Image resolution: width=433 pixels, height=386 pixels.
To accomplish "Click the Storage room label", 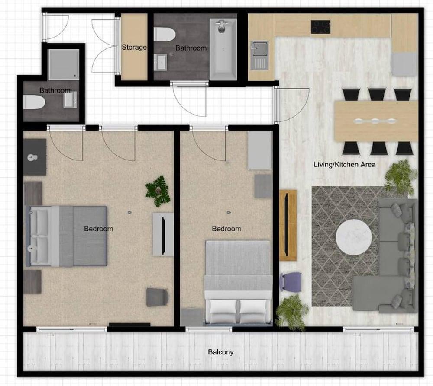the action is [134, 47].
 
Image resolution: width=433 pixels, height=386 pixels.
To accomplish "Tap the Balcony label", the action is [221, 352].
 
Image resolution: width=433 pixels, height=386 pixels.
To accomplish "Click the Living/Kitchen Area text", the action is [345, 165].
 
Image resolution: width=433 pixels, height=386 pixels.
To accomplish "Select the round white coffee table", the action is [354, 236].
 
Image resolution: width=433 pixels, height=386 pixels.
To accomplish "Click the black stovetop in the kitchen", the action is [320, 27].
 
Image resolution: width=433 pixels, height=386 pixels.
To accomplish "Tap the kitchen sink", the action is [259, 55].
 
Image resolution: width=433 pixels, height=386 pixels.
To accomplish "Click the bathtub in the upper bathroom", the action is [223, 49].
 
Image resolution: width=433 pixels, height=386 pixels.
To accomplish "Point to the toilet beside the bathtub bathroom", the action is [165, 34].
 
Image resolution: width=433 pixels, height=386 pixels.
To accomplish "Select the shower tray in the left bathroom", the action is [64, 64].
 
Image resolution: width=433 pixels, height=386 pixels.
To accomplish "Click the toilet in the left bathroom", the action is [34, 102].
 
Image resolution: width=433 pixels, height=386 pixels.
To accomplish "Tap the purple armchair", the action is [291, 282].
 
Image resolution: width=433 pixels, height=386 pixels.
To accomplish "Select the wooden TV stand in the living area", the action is [288, 225].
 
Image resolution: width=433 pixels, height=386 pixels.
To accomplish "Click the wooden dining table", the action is [376, 121].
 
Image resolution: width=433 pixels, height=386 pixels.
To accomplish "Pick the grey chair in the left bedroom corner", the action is [157, 297].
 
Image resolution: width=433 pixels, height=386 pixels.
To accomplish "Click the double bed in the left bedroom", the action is [66, 236].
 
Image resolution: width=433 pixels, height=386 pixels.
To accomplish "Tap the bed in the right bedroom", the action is [237, 282].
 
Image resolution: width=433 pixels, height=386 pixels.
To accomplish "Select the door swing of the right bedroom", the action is [209, 144].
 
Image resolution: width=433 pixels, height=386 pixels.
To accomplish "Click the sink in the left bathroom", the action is [70, 100].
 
